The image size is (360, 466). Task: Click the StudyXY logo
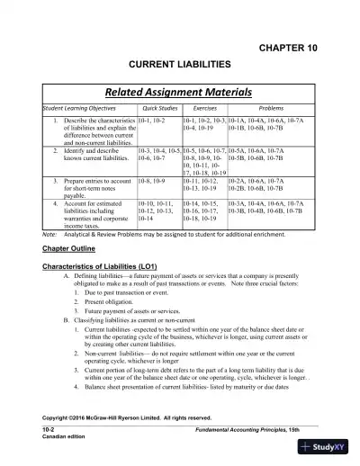click(x=333, y=449)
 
